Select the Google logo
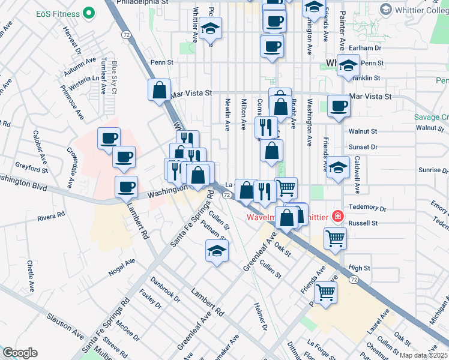tap(20, 353)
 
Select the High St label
tap(360, 268)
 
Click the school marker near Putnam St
tap(217, 251)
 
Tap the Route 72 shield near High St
tap(355, 280)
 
